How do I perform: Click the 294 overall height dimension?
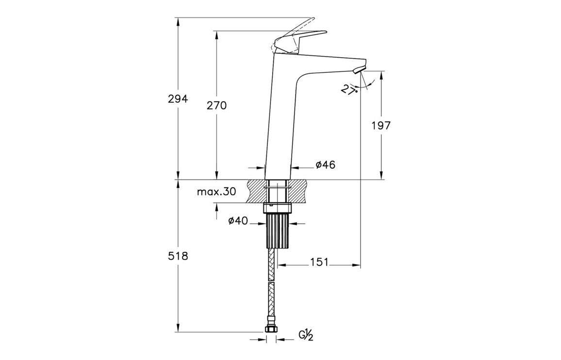[x=178, y=99]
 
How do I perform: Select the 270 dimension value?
[x=216, y=106]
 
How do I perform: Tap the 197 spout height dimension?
[x=381, y=126]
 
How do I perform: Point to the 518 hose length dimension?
[x=178, y=256]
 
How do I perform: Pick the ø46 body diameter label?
[x=325, y=164]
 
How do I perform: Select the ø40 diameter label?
[x=238, y=221]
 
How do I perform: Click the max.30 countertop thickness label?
[x=216, y=192]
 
